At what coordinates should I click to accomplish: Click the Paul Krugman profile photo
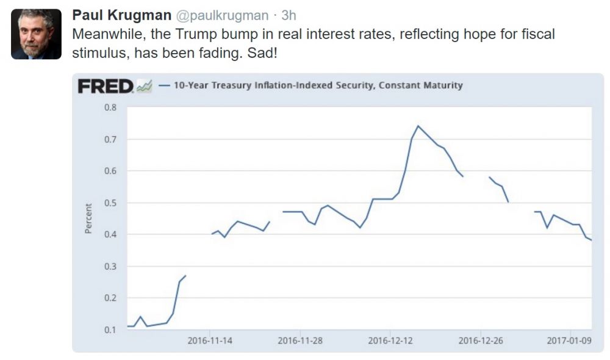click(x=36, y=34)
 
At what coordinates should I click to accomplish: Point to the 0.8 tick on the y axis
click(x=110, y=107)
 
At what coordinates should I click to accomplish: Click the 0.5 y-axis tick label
click(x=110, y=203)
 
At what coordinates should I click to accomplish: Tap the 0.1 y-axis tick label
click(x=110, y=329)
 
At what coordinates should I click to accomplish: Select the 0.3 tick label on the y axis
click(x=110, y=266)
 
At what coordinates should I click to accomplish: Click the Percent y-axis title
click(x=88, y=218)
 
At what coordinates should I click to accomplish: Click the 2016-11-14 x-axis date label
click(x=210, y=340)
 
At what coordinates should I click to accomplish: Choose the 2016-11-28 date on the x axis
click(x=300, y=340)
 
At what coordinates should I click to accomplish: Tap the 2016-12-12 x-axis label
click(x=390, y=340)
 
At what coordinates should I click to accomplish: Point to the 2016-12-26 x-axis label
click(x=481, y=340)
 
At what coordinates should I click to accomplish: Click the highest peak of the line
click(x=418, y=126)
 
